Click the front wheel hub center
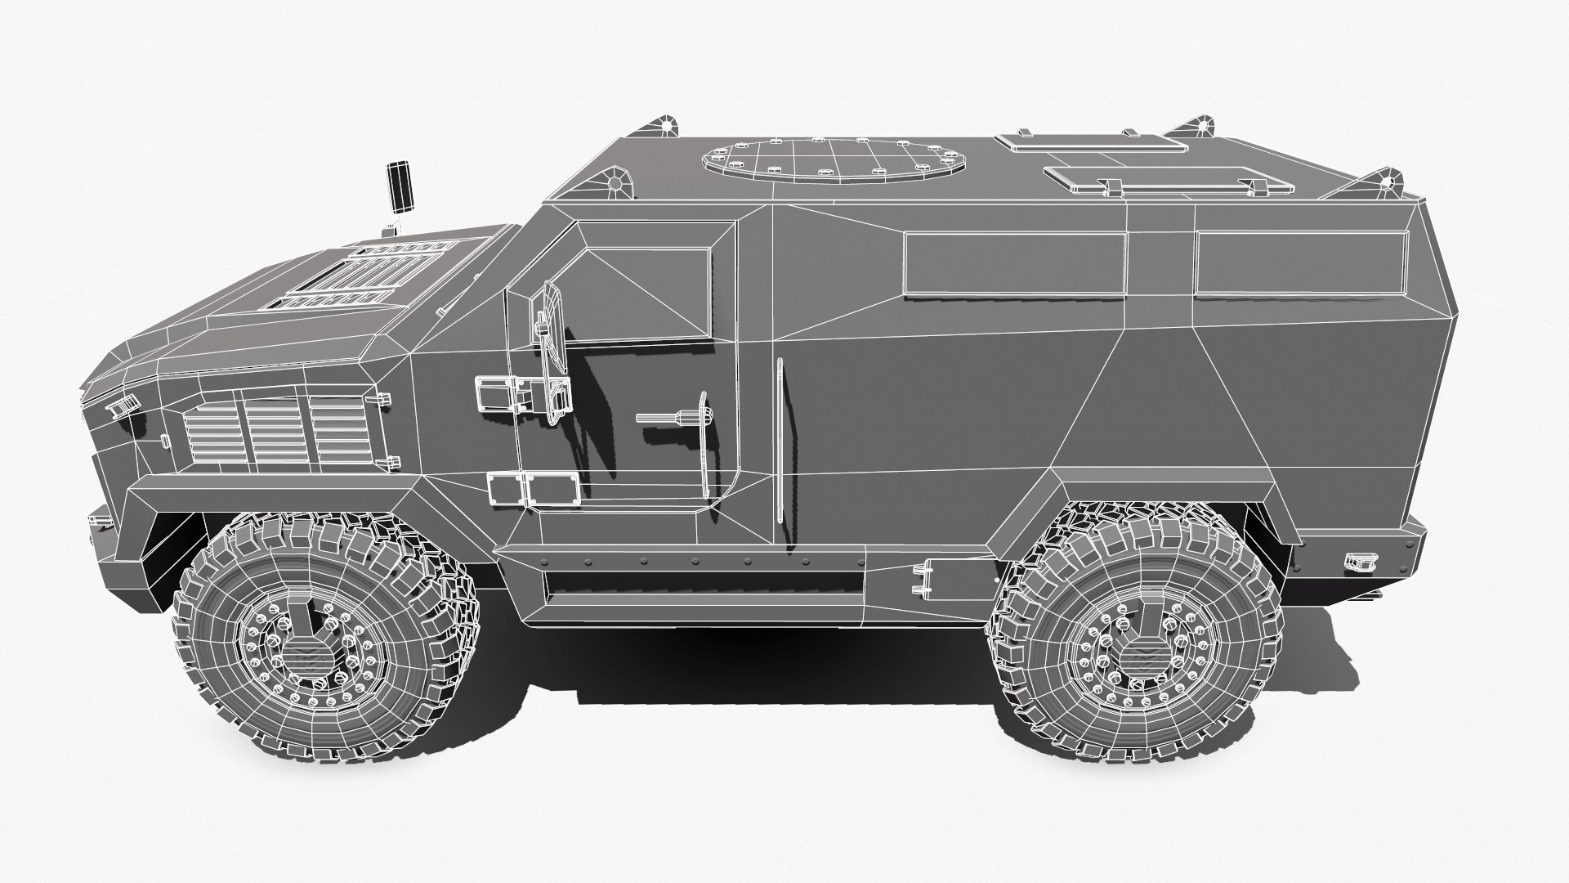[309, 648]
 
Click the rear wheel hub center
[1138, 648]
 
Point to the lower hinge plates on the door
[533, 489]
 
